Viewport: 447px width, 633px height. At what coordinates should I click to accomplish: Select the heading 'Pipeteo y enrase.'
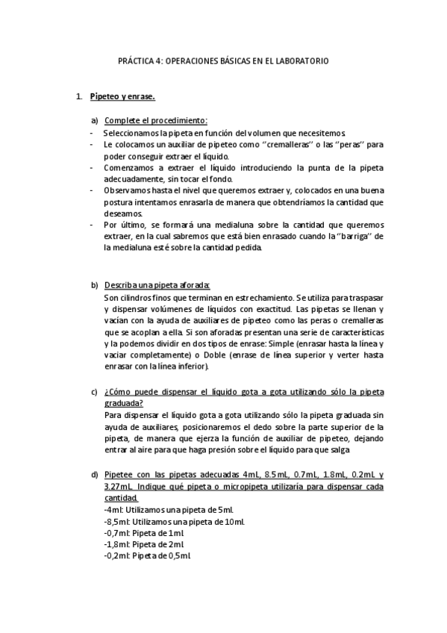[122, 97]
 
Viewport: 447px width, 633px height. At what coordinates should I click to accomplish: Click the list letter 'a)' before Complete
[95, 120]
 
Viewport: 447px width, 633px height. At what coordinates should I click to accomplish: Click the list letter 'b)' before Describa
[95, 285]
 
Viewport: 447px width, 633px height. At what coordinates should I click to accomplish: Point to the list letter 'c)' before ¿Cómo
[95, 393]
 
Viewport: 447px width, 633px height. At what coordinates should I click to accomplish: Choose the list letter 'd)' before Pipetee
[95, 475]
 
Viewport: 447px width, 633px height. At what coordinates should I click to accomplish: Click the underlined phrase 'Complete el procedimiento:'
[156, 120]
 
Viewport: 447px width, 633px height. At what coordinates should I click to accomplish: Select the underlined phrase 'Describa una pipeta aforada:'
[157, 285]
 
